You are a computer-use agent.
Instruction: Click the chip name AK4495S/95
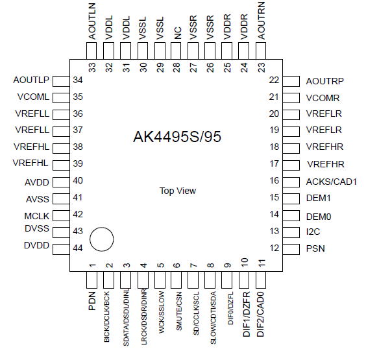pyautogui.click(x=177, y=136)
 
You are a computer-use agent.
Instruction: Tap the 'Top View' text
pyautogui.click(x=178, y=191)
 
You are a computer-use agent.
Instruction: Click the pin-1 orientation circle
pyautogui.click(x=102, y=239)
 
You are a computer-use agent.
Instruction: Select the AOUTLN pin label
pyautogui.click(x=92, y=21)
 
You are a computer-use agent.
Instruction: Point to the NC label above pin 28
pyautogui.click(x=178, y=33)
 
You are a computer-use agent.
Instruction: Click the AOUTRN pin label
pyautogui.click(x=261, y=21)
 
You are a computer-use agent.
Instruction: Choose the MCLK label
pyautogui.click(x=36, y=216)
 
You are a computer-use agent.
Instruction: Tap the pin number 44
pyautogui.click(x=78, y=248)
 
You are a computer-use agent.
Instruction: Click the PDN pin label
pyautogui.click(x=92, y=301)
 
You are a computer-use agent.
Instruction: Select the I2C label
pyautogui.click(x=313, y=232)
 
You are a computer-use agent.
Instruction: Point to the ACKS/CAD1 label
pyautogui.click(x=332, y=182)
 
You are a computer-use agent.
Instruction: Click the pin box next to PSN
pyautogui.click(x=291, y=249)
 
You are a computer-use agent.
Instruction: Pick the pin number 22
pyautogui.click(x=274, y=80)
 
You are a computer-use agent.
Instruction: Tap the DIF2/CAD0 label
pyautogui.click(x=260, y=314)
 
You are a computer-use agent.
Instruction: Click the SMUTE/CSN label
pyautogui.click(x=179, y=311)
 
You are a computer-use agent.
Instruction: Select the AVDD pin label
pyautogui.click(x=37, y=182)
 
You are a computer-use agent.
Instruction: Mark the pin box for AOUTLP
pyautogui.click(x=61, y=81)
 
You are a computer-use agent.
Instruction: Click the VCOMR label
pyautogui.click(x=323, y=98)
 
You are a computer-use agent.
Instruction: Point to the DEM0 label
pyautogui.click(x=319, y=217)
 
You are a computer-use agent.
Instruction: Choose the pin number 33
pyautogui.click(x=92, y=67)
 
